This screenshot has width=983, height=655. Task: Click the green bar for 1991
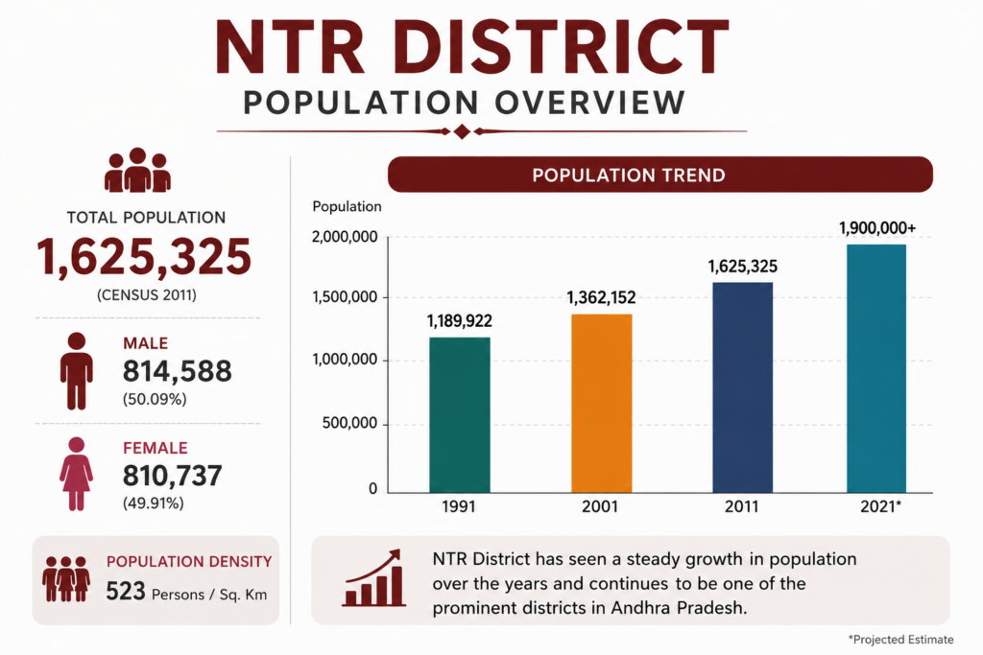pos(460,414)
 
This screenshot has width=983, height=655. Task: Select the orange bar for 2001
pos(601,404)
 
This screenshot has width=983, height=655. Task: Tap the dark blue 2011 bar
pos(742,387)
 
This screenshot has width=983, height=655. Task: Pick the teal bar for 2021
pos(876,368)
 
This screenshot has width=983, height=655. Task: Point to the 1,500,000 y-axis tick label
pos(345,297)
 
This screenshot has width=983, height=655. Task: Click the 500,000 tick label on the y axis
pos(349,423)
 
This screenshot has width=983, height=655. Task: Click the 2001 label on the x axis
pos(600,506)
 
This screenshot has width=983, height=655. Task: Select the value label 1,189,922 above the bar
pos(460,321)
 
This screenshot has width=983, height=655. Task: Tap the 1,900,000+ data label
pos(877,228)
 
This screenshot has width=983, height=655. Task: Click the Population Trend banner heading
pos(629,175)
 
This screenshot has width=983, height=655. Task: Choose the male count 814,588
pos(177,371)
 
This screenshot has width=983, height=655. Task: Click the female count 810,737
pos(172,476)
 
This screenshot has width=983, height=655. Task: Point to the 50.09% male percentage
pos(155,399)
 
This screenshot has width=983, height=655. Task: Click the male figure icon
pos(77,371)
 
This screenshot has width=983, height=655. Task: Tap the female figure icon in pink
pos(77,474)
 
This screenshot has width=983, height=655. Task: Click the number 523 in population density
pos(126,591)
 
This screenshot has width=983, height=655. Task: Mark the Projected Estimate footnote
pos(900,640)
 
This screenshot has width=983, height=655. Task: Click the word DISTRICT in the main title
pos(563,48)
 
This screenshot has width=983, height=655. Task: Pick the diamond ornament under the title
pos(462,131)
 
